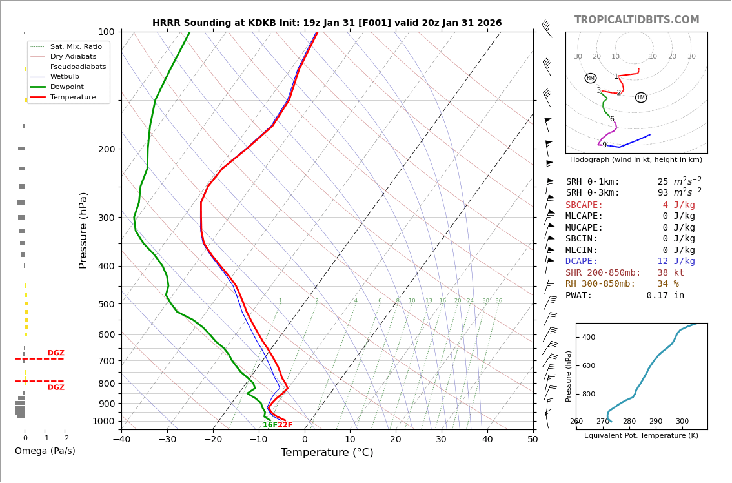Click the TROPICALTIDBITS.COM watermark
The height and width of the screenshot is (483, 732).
click(636, 20)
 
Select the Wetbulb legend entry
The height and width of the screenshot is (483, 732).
click(65, 76)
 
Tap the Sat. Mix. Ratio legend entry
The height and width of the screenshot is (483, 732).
click(76, 46)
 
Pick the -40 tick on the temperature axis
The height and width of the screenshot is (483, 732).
click(121, 440)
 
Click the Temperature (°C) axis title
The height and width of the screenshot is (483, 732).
click(327, 453)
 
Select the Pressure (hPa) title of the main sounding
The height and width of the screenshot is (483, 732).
click(83, 230)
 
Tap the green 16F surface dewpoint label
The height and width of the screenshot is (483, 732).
click(269, 425)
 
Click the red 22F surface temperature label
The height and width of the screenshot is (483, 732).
click(285, 425)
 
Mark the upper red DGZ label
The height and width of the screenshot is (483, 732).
click(56, 353)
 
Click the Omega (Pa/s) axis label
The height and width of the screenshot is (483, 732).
click(45, 451)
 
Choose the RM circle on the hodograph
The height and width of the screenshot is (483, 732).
click(591, 78)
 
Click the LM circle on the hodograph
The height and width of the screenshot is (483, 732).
click(641, 98)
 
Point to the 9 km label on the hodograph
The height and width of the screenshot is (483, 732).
click(604, 145)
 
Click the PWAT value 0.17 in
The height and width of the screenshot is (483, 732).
click(665, 295)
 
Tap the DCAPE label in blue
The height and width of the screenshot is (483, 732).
click(584, 262)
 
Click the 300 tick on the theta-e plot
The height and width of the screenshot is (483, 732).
click(682, 422)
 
